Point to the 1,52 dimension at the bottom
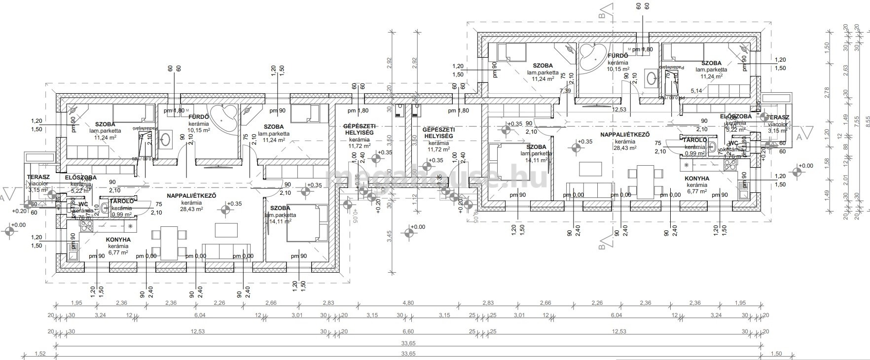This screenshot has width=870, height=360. (x=40, y=353)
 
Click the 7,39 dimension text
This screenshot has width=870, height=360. (x=565, y=91)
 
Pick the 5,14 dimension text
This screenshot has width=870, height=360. (x=696, y=91)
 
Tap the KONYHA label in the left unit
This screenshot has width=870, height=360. (x=118, y=240)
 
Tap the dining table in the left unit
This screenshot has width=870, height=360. (x=169, y=243)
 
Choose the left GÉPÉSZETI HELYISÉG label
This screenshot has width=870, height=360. (x=358, y=130)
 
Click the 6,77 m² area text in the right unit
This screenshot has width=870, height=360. (x=697, y=191)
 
